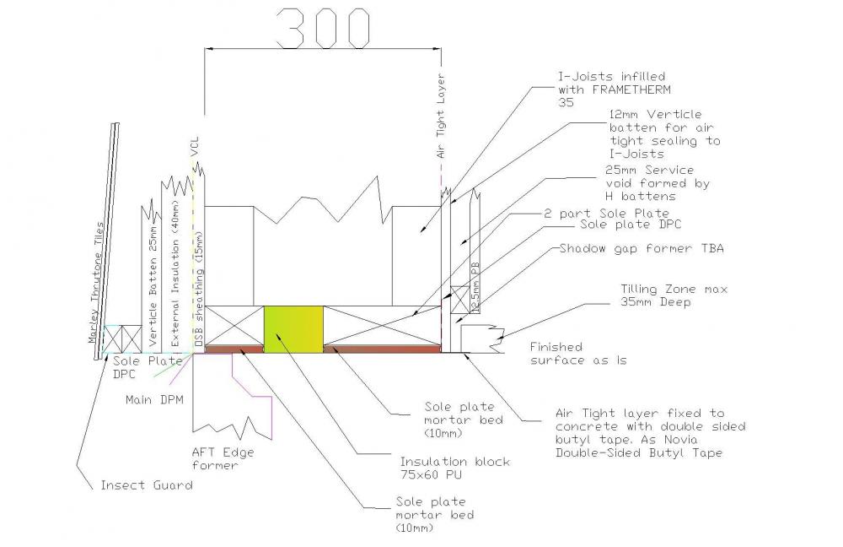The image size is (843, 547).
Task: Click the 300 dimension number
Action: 323,28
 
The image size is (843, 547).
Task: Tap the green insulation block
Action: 293,329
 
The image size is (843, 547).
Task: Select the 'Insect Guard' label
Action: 147,485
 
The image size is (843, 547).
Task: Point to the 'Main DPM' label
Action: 154,400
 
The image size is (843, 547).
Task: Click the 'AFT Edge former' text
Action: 223,458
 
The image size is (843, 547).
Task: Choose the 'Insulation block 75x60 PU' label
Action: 455,468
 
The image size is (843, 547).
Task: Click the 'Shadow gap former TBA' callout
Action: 642,249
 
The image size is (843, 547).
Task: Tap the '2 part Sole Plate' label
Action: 606,214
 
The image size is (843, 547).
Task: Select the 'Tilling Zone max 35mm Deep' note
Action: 674,295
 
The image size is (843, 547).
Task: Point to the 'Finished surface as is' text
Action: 578,354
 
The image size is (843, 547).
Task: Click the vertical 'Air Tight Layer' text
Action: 441,116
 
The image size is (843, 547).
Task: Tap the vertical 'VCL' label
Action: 195,146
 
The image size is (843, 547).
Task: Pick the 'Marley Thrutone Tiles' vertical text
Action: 97,283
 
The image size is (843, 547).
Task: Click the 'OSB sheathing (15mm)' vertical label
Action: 199,290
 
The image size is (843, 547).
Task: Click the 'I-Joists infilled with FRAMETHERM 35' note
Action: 615,89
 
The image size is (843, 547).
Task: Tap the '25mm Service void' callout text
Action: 657,183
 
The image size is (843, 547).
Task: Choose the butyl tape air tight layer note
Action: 651,433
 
